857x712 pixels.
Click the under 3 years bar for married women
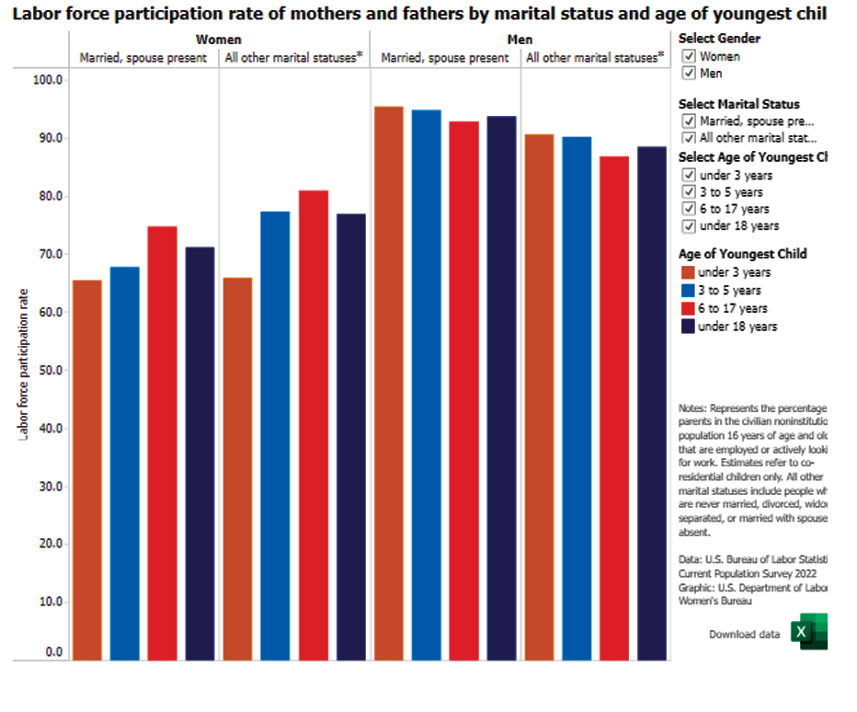[87, 469]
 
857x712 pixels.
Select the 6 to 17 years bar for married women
[162, 442]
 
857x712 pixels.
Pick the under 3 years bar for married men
[389, 383]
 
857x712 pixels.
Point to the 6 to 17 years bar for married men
[463, 390]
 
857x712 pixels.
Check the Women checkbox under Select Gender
[688, 56]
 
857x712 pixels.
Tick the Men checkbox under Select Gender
[688, 74]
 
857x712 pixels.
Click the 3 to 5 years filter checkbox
[688, 192]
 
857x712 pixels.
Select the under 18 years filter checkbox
[688, 226]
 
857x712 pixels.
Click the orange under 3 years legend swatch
[687, 272]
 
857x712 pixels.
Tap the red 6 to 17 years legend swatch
[687, 308]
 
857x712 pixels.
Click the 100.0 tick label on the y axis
[47, 80]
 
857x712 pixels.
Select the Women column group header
[219, 40]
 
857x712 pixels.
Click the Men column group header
[520, 40]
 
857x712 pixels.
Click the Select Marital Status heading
[738, 104]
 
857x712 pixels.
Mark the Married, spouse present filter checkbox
[688, 121]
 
